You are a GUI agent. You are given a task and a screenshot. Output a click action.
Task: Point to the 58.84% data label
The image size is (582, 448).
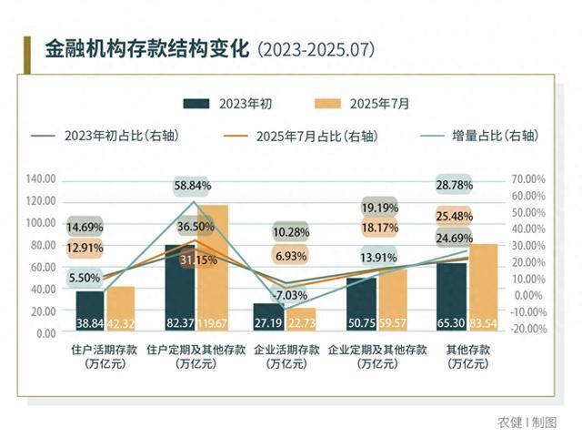pyautogui.click(x=193, y=186)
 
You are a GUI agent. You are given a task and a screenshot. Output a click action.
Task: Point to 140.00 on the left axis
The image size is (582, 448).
pyautogui.click(x=42, y=179)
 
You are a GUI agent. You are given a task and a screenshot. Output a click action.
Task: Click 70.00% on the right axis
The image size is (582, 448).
pyautogui.click(x=528, y=179)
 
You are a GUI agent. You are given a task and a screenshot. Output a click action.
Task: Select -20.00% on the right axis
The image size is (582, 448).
pyautogui.click(x=528, y=329)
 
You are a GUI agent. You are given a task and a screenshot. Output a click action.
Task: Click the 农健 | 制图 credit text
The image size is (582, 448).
pyautogui.click(x=527, y=423)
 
